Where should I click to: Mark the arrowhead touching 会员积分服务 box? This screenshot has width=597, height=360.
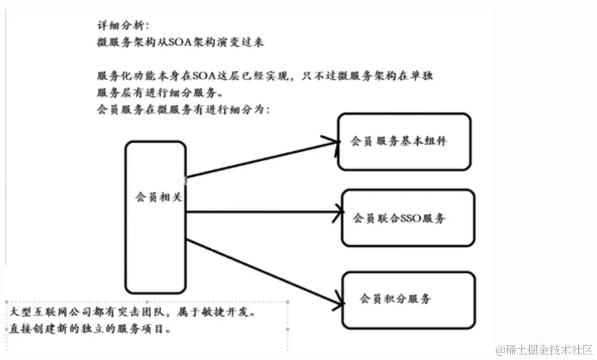338,300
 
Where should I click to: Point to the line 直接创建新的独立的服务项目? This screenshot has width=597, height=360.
90,329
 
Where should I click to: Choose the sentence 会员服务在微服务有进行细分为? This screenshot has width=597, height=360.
182,110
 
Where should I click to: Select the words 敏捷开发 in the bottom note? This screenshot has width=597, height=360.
230,312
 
